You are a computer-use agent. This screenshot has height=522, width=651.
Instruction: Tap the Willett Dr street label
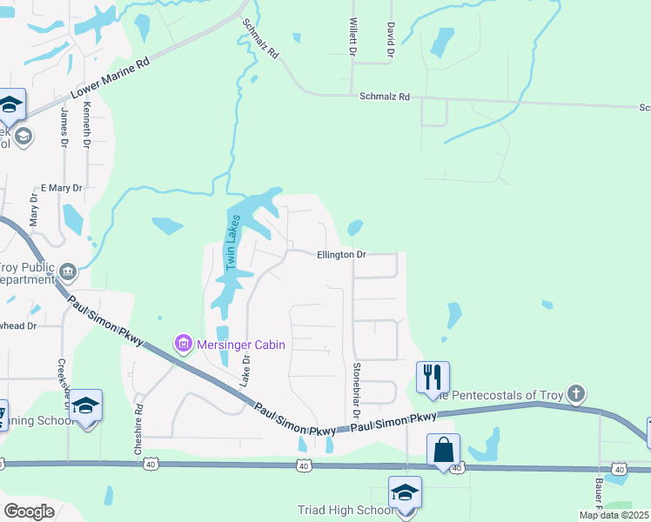click(353, 38)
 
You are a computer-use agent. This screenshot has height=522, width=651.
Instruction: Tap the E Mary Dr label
click(61, 187)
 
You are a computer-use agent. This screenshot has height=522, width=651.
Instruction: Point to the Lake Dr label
click(245, 370)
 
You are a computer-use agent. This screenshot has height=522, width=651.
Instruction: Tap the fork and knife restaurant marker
click(433, 377)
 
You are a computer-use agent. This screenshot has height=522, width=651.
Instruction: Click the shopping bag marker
click(443, 450)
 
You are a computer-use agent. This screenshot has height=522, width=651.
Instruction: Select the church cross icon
click(574, 394)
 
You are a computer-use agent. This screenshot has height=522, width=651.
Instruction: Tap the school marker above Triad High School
click(405, 492)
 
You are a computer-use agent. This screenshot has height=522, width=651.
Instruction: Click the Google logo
click(29, 511)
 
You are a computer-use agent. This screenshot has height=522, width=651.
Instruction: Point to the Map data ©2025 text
click(614, 515)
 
